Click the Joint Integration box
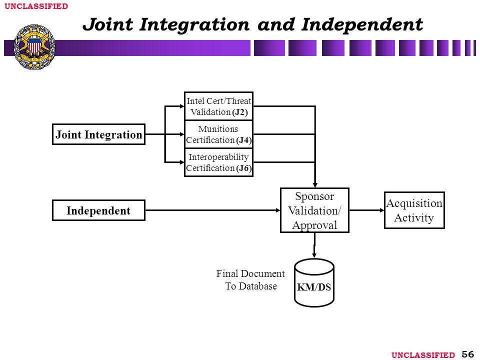[98, 134]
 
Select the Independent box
[98, 210]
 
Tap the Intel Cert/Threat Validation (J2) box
[218, 106]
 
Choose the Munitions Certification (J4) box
[218, 134]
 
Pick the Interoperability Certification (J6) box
[218, 162]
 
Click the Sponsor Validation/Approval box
[314, 210]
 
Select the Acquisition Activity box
[414, 210]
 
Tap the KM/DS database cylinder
[314, 282]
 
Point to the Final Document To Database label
[250, 280]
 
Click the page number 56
[468, 354]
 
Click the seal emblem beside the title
[34, 47]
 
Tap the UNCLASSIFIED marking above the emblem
[36, 6]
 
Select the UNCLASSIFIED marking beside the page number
[423, 355]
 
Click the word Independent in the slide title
[362, 25]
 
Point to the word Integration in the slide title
[194, 25]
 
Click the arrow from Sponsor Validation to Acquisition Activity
[366, 210]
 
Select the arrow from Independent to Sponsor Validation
[213, 210]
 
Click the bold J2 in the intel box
[239, 112]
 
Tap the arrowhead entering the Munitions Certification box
[182, 134]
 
